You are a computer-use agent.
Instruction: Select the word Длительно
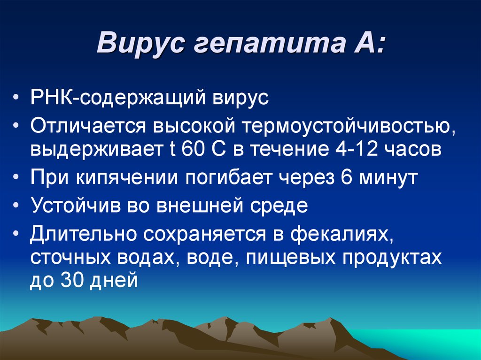click(x=83, y=233)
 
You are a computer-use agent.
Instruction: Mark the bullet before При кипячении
click(x=17, y=178)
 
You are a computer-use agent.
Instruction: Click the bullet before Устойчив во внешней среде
click(x=17, y=206)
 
